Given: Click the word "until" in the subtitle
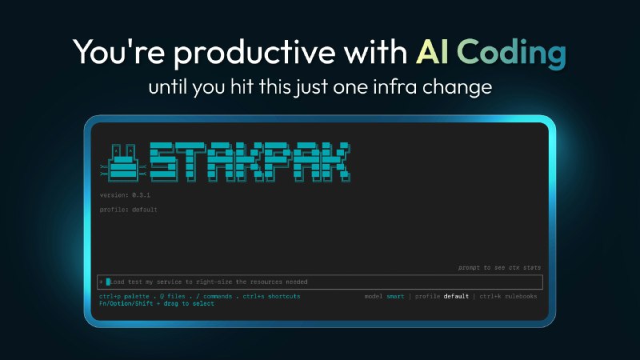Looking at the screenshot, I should [x=168, y=87].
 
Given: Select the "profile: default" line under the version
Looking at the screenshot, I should [x=128, y=210].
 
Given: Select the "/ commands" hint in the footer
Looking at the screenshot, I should [x=213, y=297].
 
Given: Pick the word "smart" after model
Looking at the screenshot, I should [x=396, y=297].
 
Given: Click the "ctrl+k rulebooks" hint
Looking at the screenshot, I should [x=508, y=297].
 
